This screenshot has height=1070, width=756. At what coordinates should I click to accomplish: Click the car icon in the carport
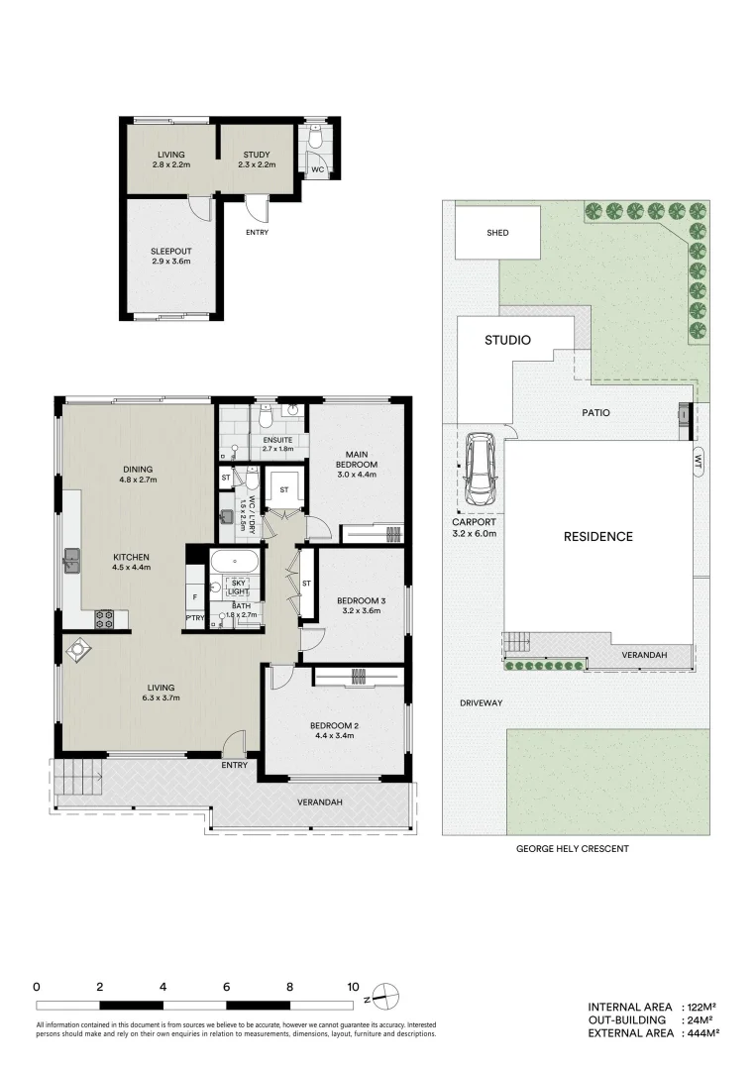point(481,468)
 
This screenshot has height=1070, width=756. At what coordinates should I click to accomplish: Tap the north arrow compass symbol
point(385,994)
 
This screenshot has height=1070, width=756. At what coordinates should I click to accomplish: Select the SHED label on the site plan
point(497,233)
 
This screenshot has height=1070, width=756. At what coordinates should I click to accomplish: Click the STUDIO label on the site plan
point(507,340)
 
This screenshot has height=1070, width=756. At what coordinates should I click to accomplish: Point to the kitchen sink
point(72,562)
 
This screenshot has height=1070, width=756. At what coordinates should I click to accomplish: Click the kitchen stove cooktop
point(104,618)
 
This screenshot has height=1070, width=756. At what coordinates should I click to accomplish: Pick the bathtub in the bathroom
point(235,562)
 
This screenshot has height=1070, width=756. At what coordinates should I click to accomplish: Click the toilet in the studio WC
point(315,140)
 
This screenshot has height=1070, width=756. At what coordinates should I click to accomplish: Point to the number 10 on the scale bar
point(353,987)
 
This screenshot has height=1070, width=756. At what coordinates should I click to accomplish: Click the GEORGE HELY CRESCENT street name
point(573,849)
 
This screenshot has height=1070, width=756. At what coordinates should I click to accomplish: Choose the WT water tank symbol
point(698,461)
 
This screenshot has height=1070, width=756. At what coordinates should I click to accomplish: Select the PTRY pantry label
point(195,619)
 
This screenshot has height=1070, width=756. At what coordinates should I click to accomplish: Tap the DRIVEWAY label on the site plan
point(482,702)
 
